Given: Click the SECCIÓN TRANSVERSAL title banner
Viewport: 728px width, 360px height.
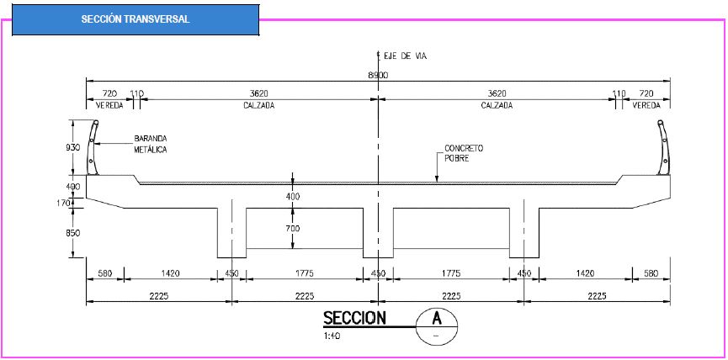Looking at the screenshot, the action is (136, 19).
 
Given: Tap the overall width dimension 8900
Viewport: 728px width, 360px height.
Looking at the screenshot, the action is (379, 75).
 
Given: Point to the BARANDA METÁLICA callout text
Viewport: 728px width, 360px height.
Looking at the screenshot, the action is (151, 144).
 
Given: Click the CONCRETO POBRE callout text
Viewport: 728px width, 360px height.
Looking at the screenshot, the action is (464, 152).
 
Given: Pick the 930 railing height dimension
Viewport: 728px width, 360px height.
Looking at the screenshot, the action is (74, 147).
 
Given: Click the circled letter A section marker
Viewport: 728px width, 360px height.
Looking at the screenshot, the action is (437, 325).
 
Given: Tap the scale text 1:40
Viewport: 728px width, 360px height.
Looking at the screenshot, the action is (332, 336).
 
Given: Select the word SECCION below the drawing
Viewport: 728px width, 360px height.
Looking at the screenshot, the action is (354, 318).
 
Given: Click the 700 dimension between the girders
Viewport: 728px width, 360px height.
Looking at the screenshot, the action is (293, 228).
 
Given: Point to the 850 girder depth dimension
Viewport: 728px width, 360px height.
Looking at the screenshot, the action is (74, 233).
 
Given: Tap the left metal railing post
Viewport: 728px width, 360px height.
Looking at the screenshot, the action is (93, 147).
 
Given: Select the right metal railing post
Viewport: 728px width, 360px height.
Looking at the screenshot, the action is (663, 147).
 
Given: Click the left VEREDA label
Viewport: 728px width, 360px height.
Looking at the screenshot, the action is (109, 105).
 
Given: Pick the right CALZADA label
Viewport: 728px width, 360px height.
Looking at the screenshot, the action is (497, 105).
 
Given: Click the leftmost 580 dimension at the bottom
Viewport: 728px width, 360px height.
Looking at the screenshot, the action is (105, 273).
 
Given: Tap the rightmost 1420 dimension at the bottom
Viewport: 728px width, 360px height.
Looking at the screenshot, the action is (585, 273).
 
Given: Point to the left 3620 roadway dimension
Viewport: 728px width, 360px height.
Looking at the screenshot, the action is (258, 93).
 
